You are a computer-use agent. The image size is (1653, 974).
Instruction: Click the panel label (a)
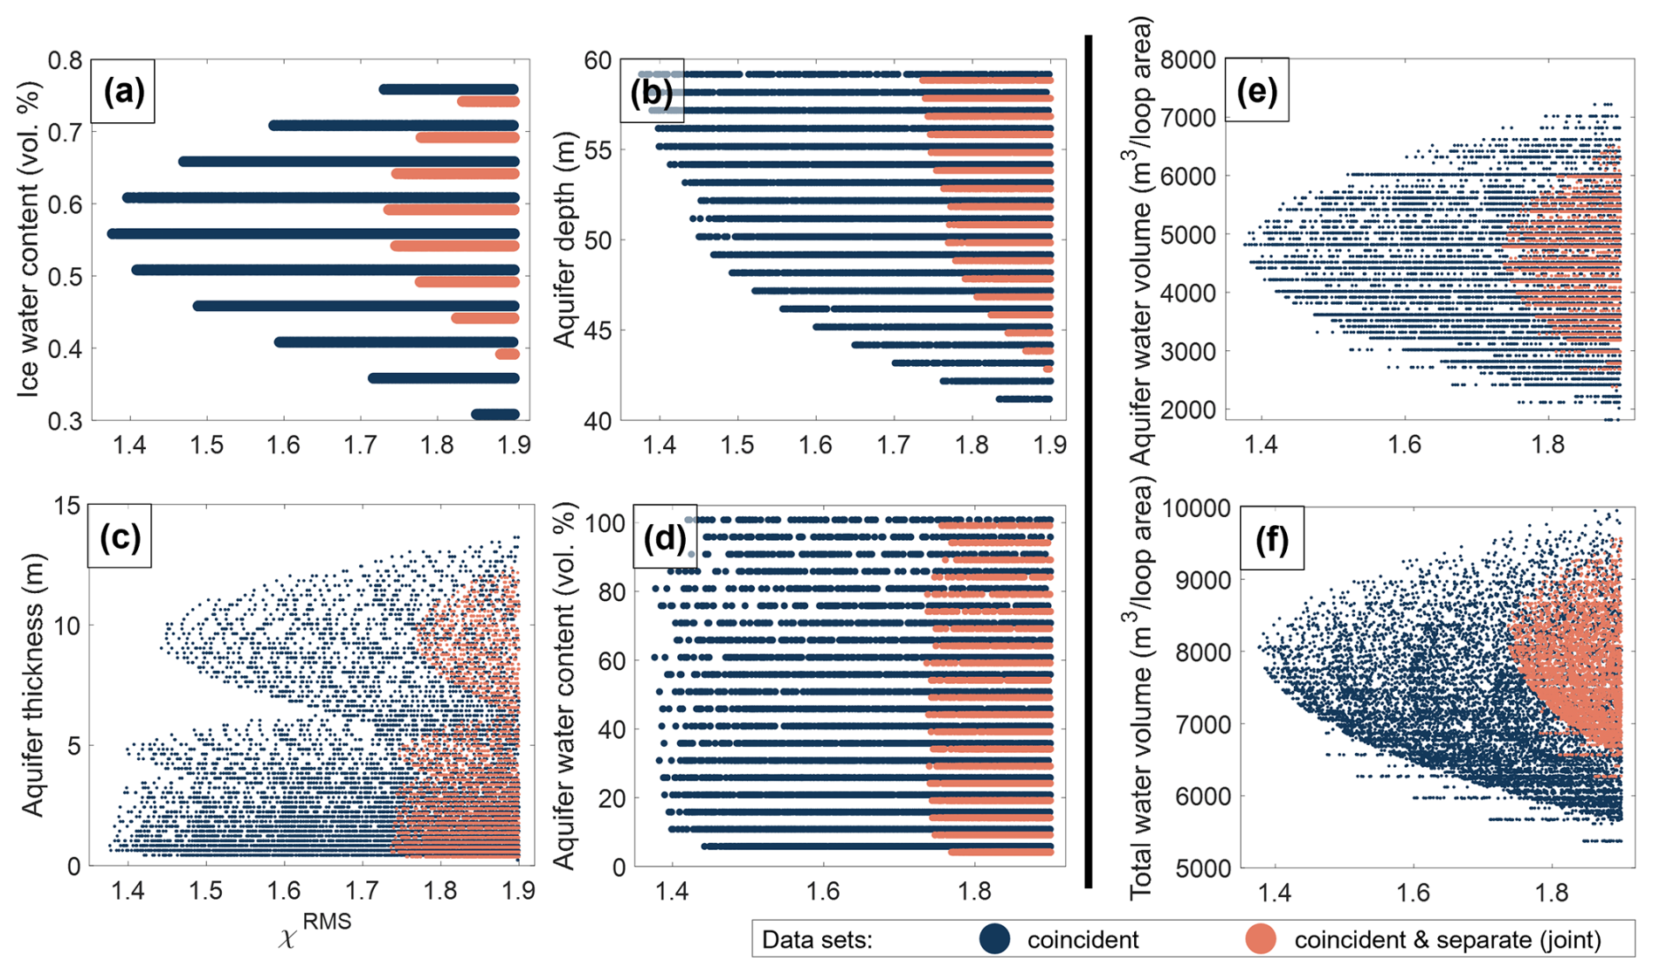point(123,91)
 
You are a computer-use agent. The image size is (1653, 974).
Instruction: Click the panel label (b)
point(651,91)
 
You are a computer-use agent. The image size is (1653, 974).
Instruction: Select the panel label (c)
point(120,536)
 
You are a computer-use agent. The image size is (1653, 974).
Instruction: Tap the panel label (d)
point(664,536)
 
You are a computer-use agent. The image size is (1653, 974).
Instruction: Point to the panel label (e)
point(1256,90)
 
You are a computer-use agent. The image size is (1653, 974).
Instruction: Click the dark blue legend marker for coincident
point(994,939)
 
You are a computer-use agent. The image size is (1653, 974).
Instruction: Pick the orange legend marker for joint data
point(1260,939)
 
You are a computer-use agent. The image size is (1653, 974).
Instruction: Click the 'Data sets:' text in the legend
point(817,940)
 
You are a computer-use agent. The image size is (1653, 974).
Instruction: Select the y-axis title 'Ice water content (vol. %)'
point(30,239)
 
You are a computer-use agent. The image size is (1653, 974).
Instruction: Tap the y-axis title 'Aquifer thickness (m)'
point(32,686)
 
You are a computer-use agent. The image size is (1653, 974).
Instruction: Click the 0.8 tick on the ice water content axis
point(65,60)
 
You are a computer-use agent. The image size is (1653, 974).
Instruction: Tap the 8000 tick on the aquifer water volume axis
point(1188,60)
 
